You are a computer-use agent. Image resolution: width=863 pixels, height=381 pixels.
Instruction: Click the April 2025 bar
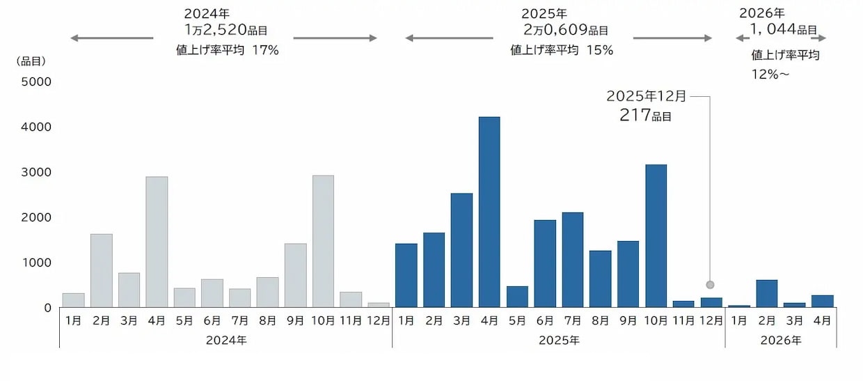(x=489, y=212)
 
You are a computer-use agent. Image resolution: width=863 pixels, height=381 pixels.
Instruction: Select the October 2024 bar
(x=323, y=241)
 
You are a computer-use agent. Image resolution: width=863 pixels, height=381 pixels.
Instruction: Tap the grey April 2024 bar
(x=157, y=242)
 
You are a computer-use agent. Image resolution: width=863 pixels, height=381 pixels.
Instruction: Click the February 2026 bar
(x=767, y=293)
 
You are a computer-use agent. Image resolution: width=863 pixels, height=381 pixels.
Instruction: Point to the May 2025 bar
(x=517, y=297)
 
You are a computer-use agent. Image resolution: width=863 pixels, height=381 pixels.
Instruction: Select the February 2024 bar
(x=102, y=270)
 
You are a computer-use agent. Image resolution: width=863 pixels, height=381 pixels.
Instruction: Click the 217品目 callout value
(x=645, y=116)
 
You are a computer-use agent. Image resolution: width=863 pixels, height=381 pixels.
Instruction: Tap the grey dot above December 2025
(x=710, y=284)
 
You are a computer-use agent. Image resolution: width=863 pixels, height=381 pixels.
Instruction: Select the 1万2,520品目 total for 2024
(x=225, y=31)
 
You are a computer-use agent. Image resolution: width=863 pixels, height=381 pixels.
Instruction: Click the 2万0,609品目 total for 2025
(x=565, y=31)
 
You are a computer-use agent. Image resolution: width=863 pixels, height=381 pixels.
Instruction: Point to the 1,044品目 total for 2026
(x=783, y=30)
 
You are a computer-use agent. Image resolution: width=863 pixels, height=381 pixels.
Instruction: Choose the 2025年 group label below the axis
(x=559, y=341)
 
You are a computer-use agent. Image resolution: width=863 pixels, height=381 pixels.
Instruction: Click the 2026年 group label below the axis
(x=781, y=341)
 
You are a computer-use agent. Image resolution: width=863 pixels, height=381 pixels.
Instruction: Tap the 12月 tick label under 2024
(x=379, y=321)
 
